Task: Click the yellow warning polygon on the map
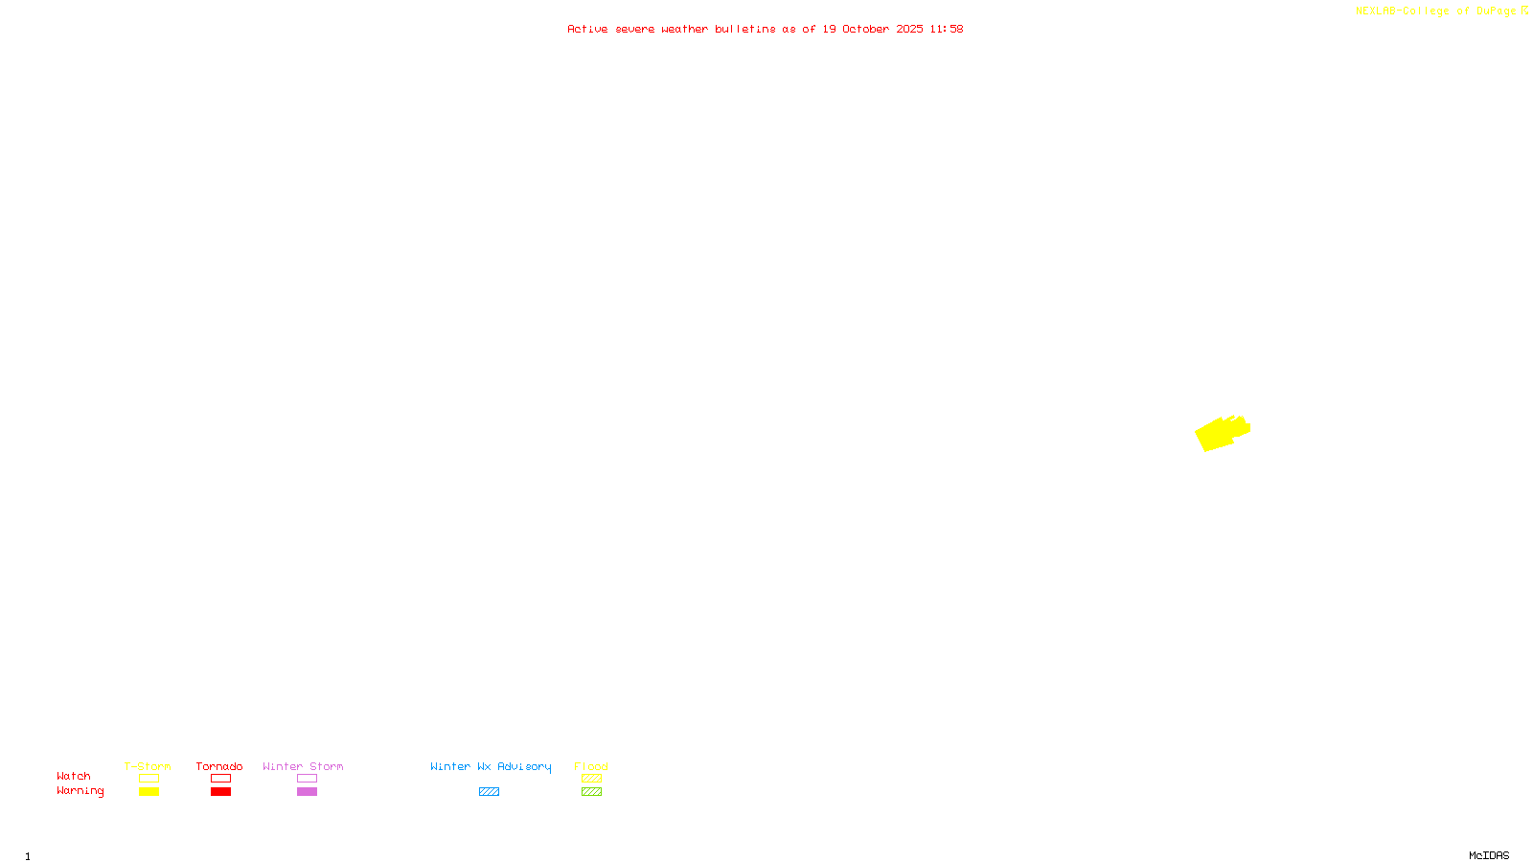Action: [x=1219, y=434]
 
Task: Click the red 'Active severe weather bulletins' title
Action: [x=765, y=29]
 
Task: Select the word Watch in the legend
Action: [x=74, y=776]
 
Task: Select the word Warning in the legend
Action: [x=80, y=791]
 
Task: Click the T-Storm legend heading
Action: [x=148, y=766]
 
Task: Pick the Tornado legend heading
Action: [x=219, y=766]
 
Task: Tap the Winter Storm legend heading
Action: [x=303, y=766]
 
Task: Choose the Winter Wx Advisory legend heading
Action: [x=491, y=766]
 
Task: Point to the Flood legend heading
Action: [x=591, y=766]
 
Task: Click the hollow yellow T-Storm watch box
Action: [x=149, y=779]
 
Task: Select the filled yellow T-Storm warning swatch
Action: [x=149, y=792]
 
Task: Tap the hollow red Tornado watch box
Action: [x=220, y=779]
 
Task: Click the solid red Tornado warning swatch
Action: [x=220, y=792]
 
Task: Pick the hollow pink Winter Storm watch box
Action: [x=307, y=779]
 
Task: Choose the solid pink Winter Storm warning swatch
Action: [x=307, y=792]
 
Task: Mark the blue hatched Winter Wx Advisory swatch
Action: [x=489, y=792]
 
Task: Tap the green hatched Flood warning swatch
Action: [x=591, y=792]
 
